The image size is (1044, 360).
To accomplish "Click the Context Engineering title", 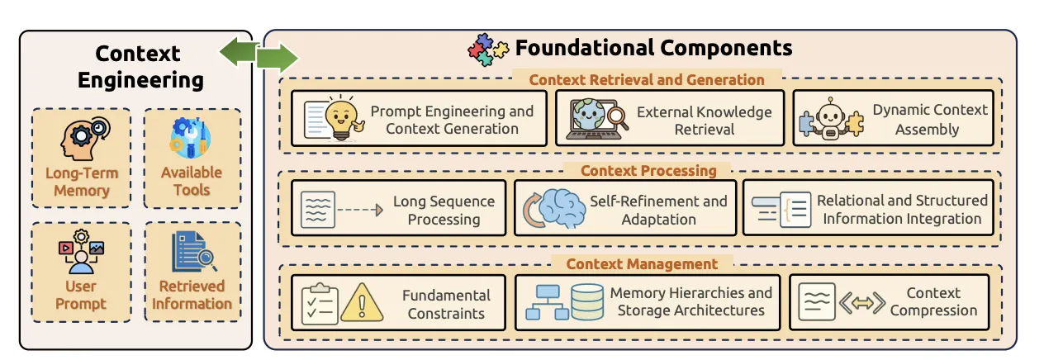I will coord(137,67).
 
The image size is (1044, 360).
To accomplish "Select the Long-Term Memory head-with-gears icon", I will coord(81,140).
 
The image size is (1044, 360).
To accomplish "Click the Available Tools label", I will coord(192,181).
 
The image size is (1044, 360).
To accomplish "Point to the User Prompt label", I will coord(81,295).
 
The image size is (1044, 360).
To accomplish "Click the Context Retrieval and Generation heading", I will coord(647,80).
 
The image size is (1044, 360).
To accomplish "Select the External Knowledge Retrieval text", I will coord(704,121).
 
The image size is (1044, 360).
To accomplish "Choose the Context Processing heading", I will coord(648,171).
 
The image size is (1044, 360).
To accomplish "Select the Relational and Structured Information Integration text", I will coord(902,210).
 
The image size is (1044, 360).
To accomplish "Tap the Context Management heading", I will coord(641,264).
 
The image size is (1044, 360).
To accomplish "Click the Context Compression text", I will coord(933,301).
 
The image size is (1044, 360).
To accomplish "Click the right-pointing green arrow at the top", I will coord(277,59).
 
